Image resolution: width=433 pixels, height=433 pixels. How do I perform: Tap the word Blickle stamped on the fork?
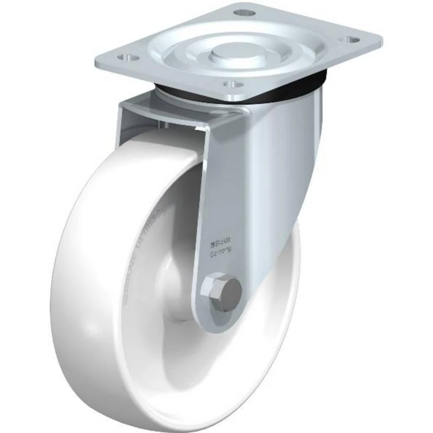221,242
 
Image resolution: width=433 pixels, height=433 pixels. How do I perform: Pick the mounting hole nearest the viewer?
233,84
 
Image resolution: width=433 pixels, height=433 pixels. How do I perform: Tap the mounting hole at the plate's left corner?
127,57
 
